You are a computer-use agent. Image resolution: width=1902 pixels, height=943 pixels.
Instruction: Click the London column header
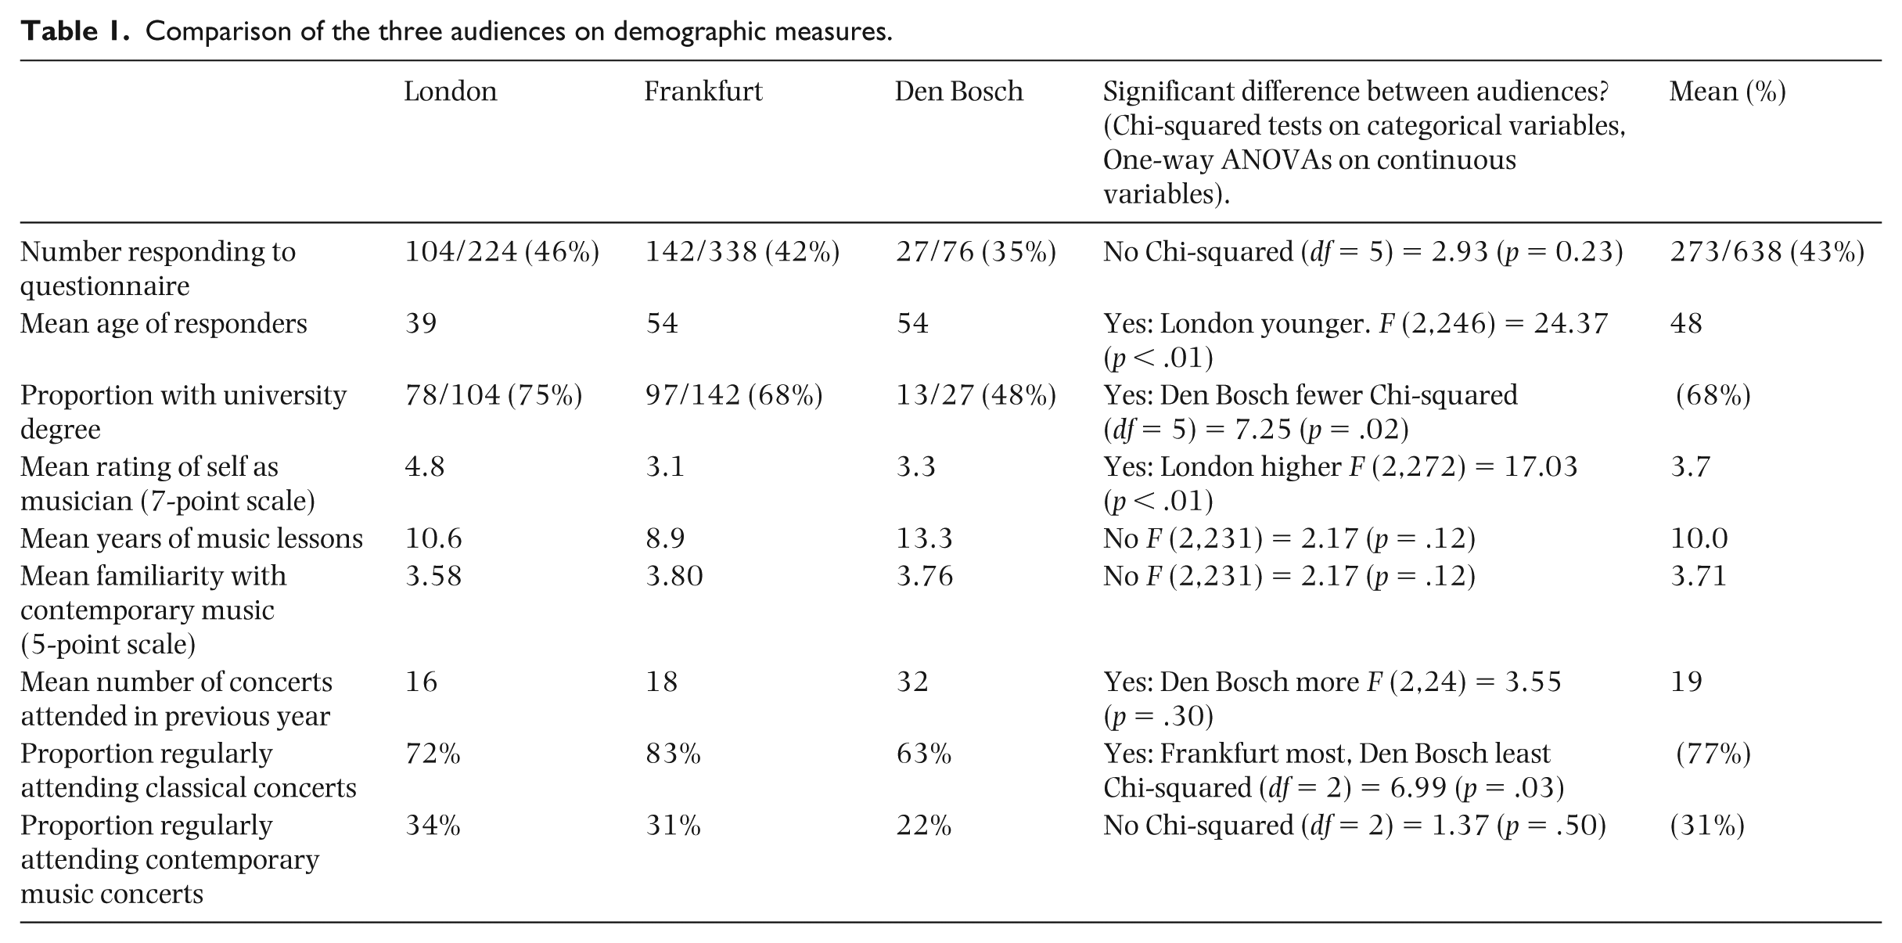click(x=450, y=92)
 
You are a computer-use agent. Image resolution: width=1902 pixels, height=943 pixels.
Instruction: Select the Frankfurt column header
click(x=703, y=92)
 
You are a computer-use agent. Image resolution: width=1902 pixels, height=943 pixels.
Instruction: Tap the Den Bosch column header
click(x=958, y=92)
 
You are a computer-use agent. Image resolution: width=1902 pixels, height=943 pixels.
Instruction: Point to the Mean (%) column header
click(x=1728, y=92)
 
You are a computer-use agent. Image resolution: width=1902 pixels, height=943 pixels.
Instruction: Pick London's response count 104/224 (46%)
click(x=502, y=252)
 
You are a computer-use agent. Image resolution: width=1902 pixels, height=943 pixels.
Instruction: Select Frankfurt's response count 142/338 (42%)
click(x=742, y=252)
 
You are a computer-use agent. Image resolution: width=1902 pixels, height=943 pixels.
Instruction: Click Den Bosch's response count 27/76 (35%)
click(x=976, y=252)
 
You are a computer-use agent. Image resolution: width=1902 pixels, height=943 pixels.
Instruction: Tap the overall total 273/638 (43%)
click(x=1767, y=252)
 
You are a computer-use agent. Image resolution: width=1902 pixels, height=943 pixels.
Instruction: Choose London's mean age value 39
click(x=421, y=323)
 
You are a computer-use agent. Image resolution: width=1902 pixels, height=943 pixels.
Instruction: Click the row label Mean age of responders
click(x=164, y=324)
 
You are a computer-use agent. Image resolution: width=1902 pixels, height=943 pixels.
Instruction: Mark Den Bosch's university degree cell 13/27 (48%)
click(x=976, y=395)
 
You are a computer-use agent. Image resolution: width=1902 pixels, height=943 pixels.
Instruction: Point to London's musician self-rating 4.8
click(x=425, y=467)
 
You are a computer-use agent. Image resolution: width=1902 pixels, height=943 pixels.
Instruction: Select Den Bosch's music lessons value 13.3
click(x=924, y=538)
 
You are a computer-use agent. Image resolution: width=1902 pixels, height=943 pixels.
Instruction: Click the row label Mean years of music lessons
click(x=192, y=539)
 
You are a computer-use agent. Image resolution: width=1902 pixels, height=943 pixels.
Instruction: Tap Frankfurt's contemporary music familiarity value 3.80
click(x=674, y=576)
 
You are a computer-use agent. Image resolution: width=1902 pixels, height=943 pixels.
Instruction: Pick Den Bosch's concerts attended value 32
click(x=912, y=682)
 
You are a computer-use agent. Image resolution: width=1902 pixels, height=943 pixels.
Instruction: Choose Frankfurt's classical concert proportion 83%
click(x=673, y=754)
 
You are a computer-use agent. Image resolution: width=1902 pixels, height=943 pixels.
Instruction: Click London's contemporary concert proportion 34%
click(x=433, y=826)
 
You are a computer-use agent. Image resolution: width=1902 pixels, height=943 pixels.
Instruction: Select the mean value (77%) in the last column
click(x=1713, y=754)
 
